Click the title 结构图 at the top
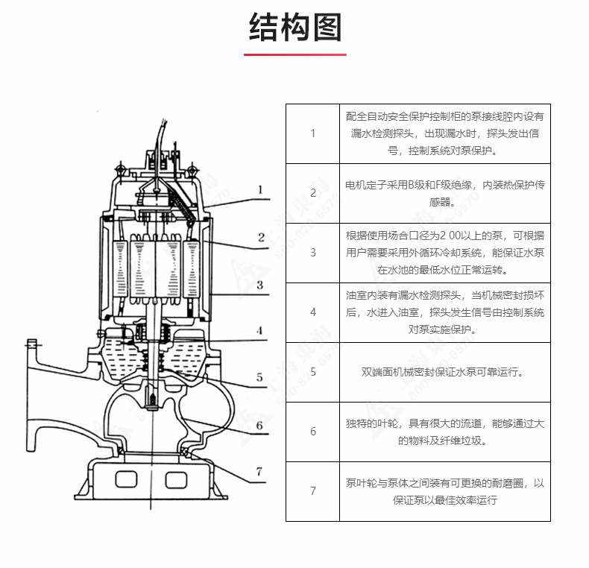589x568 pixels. (294, 28)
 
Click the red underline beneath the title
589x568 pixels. (294, 54)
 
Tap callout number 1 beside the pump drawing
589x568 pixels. (260, 190)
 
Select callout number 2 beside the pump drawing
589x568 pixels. (261, 238)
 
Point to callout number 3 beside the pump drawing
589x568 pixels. (259, 285)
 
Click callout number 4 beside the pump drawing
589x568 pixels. (259, 330)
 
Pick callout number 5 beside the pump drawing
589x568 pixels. (259, 377)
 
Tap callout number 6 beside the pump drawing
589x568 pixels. (259, 426)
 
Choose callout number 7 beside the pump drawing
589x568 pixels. (259, 471)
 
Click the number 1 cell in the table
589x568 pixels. (312, 133)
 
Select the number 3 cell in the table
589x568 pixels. (312, 253)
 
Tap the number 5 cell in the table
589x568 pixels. (312, 372)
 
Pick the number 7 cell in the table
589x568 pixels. (312, 491)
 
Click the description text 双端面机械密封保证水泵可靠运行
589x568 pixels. (445, 372)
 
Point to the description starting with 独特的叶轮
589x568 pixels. (445, 432)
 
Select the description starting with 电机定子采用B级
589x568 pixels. (445, 193)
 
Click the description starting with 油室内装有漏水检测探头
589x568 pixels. (445, 312)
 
